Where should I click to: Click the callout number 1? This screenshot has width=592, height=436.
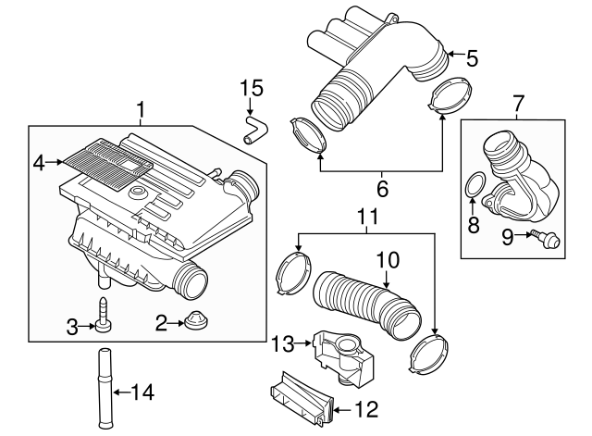coord(141,112)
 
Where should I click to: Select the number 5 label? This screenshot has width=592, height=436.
coord(472,59)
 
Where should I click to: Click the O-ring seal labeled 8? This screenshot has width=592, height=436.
coord(474,183)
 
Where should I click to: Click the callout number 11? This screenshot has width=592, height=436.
coord(369,220)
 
